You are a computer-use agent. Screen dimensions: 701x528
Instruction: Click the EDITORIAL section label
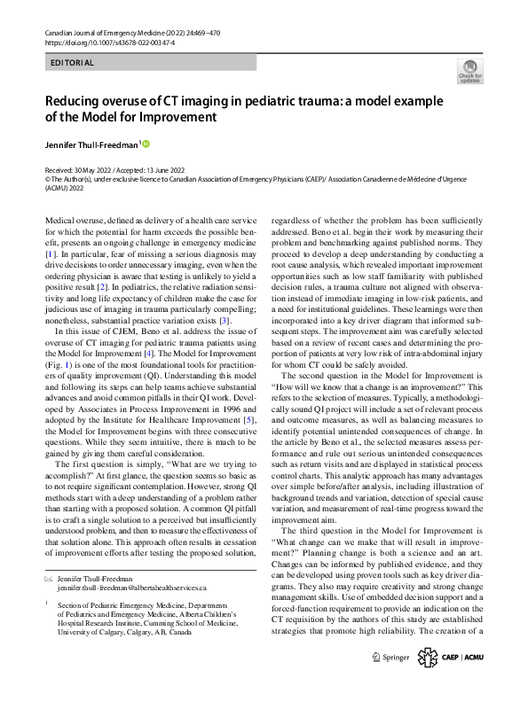click(73, 63)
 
